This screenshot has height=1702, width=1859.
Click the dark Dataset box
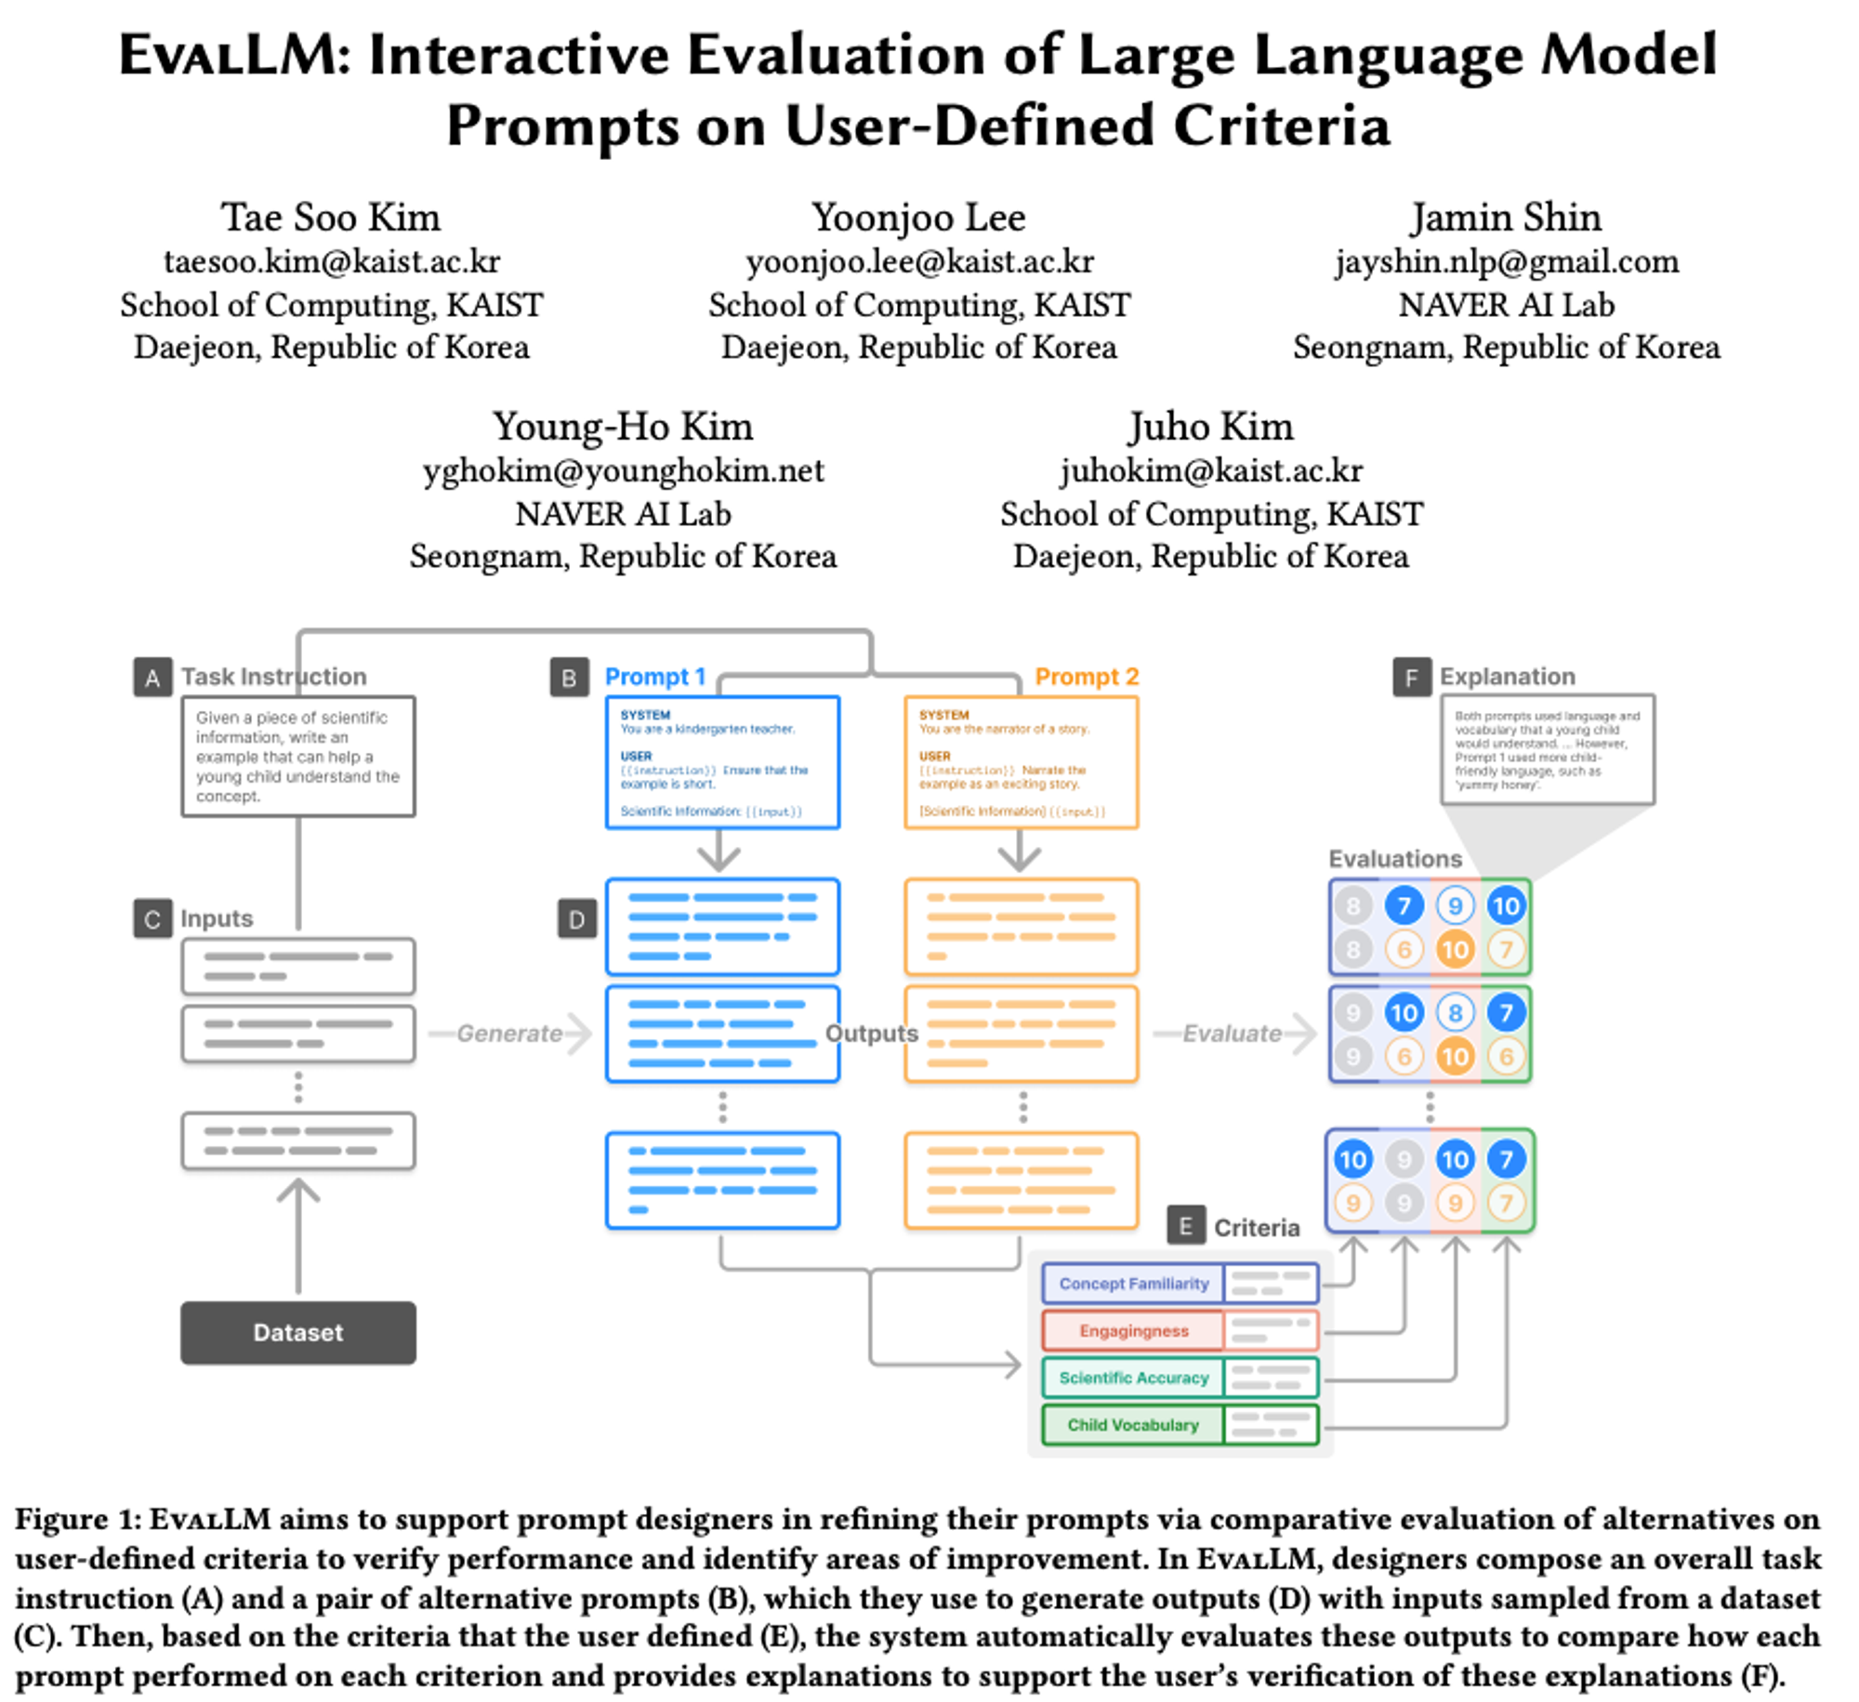pyautogui.click(x=297, y=1331)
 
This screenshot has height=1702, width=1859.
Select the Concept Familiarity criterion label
pyautogui.click(x=1133, y=1283)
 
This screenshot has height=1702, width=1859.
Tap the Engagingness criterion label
pyautogui.click(x=1133, y=1330)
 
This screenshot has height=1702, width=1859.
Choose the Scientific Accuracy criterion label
pyautogui.click(x=1133, y=1377)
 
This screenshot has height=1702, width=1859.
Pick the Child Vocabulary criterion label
pyautogui.click(x=1132, y=1424)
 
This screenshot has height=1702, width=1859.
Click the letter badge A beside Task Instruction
pyautogui.click(x=152, y=677)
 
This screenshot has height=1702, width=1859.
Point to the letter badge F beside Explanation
pyautogui.click(x=1410, y=677)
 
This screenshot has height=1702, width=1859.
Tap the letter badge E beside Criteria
pyautogui.click(x=1185, y=1226)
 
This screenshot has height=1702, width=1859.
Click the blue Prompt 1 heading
pyautogui.click(x=655, y=676)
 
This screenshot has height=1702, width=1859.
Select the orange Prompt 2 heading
pyautogui.click(x=1086, y=676)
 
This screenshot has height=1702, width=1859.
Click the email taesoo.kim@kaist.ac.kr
pyautogui.click(x=332, y=261)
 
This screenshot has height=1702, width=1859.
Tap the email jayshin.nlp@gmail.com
pyautogui.click(x=1506, y=261)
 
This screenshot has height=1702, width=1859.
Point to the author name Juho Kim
pyautogui.click(x=1210, y=426)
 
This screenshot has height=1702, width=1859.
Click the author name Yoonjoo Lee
pyautogui.click(x=918, y=217)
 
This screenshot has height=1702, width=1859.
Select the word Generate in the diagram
pyautogui.click(x=509, y=1033)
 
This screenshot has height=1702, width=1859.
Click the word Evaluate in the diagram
pyautogui.click(x=1232, y=1033)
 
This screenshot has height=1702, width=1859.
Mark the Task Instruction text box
pyautogui.click(x=297, y=756)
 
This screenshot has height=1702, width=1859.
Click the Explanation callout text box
pyautogui.click(x=1547, y=749)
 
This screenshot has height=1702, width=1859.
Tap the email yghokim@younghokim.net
pyautogui.click(x=623, y=470)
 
